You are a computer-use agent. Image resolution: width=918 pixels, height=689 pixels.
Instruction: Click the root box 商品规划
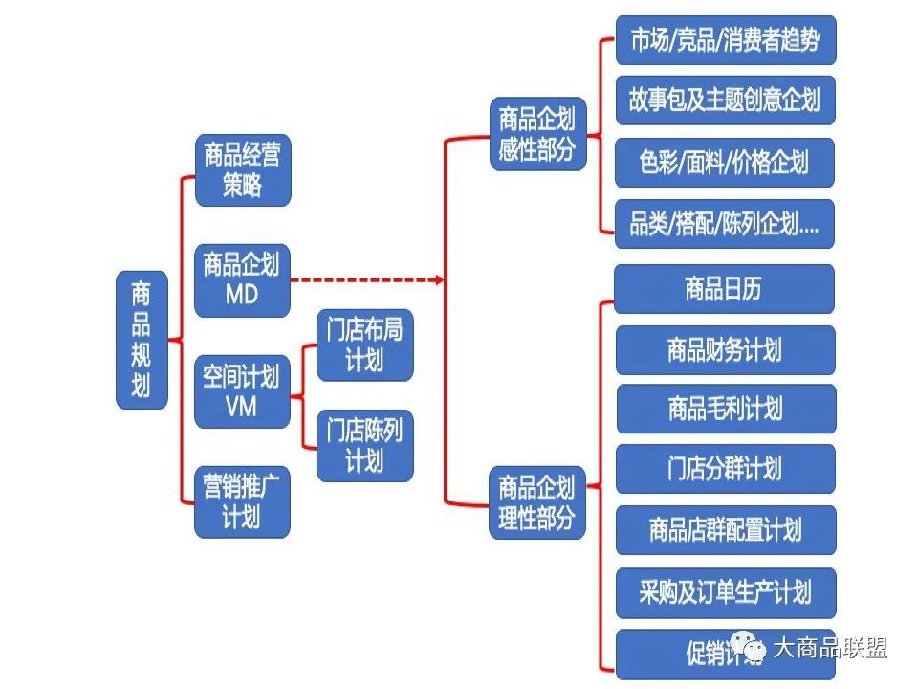142,340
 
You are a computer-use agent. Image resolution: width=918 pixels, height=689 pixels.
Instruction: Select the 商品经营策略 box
242,169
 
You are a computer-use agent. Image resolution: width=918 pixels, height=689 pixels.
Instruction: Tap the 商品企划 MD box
242,280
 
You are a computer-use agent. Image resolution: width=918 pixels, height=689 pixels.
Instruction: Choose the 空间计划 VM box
242,391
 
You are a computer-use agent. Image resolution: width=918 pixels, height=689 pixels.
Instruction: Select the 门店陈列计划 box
364,446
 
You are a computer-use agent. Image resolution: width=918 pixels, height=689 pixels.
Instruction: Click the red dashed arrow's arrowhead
439,280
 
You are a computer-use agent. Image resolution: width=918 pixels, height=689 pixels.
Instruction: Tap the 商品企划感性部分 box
536,134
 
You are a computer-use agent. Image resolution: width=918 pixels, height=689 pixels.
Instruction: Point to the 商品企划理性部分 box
536,502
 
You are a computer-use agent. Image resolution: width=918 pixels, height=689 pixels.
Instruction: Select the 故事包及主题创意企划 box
725,100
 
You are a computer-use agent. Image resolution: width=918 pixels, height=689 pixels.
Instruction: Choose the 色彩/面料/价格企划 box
725,162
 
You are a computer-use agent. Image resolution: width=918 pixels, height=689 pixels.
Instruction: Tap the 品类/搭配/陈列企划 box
725,224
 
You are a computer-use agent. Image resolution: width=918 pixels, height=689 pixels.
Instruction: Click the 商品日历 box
725,289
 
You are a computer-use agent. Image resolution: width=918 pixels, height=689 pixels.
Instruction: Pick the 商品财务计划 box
725,349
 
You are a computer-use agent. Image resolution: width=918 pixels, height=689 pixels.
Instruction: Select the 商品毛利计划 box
725,409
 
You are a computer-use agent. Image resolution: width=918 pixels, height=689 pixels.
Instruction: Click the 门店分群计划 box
725,468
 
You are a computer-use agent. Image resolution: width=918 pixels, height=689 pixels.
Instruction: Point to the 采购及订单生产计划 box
725,591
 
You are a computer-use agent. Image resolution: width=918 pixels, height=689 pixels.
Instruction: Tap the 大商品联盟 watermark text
828,648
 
